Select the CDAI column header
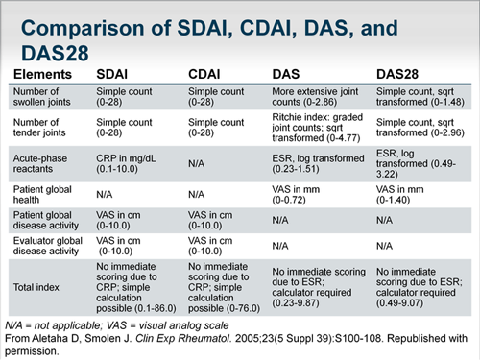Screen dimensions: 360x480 click(x=208, y=72)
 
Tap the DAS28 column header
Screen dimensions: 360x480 click(x=400, y=72)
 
